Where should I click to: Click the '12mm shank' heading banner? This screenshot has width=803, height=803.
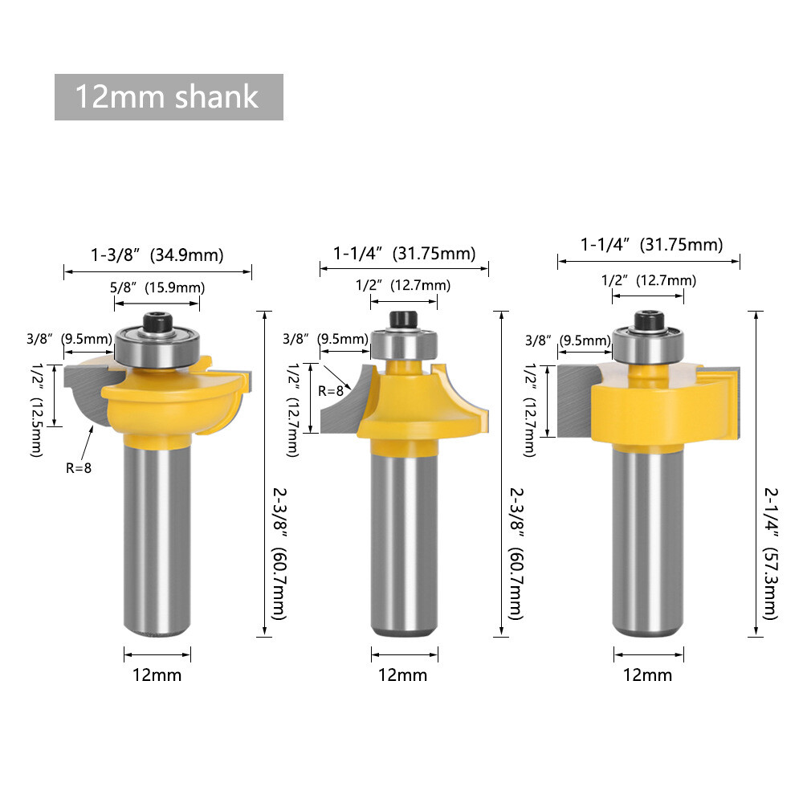click(169, 97)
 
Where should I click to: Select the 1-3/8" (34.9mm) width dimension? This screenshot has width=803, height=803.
click(157, 255)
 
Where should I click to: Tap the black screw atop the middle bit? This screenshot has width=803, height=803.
click(404, 320)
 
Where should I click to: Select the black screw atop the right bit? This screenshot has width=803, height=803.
click(648, 320)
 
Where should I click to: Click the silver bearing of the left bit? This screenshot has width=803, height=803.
click(157, 348)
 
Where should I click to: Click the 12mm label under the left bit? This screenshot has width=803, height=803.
click(157, 675)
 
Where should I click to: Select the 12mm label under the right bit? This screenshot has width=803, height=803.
click(648, 675)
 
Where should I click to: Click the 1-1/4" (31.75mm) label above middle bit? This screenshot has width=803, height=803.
click(404, 254)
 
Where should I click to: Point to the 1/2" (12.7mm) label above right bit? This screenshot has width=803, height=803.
click(648, 280)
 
